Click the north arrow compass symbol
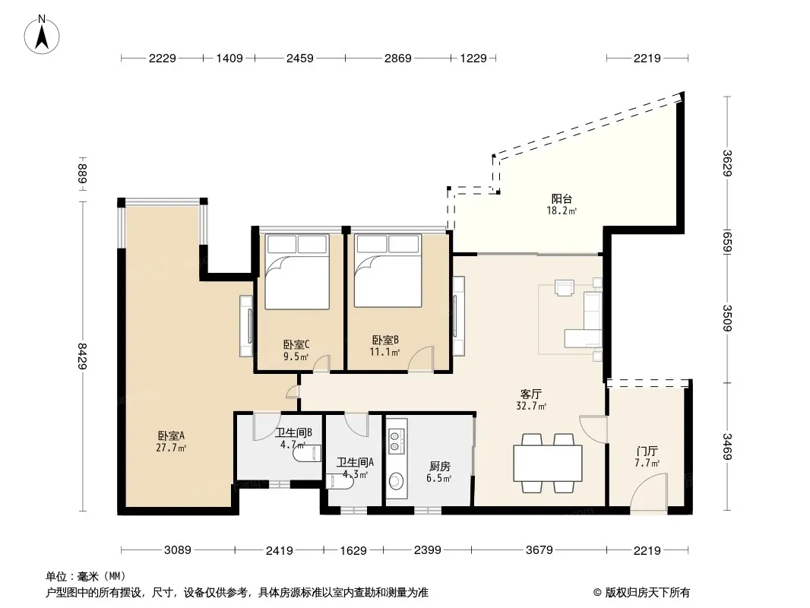coord(42,34)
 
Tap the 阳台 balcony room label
coord(562,199)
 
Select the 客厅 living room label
coord(531,394)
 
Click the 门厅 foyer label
coord(647,451)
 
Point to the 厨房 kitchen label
coord(439,467)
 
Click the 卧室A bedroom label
coord(172,436)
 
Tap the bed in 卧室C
coord(297,272)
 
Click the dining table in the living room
coord(548,463)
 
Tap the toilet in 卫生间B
coord(307,454)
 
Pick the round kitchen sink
coord(396,481)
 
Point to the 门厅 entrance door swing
coord(649,492)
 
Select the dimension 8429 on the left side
coord(82,356)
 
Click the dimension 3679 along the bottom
coord(539,550)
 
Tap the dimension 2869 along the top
coord(397,58)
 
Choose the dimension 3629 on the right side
coord(727,163)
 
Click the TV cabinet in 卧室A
coord(246,326)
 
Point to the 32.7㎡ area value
coord(531,406)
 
